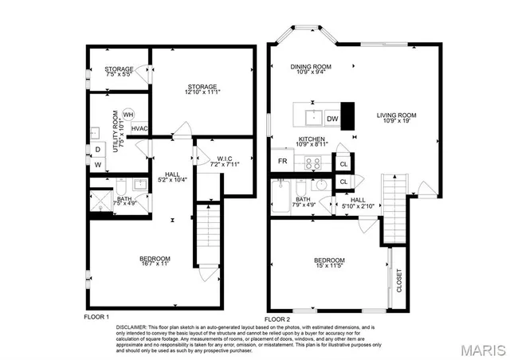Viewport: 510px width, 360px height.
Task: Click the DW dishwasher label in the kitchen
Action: [x=332, y=119]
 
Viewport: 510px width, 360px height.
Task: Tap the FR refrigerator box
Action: [x=282, y=161]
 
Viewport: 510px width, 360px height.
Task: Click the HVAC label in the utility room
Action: [x=139, y=128]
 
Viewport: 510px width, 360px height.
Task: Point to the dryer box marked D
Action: [x=97, y=148]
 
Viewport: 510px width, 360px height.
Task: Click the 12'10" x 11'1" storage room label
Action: [x=202, y=90]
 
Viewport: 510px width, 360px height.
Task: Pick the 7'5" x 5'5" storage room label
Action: [x=119, y=72]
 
